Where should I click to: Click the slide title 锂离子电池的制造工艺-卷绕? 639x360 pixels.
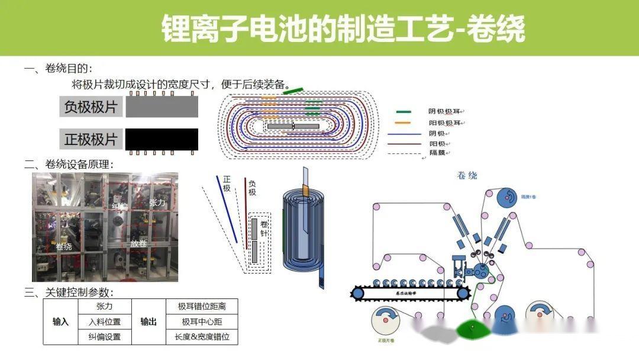343,28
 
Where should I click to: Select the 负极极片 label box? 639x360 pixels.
91,108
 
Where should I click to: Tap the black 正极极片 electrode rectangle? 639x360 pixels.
162,139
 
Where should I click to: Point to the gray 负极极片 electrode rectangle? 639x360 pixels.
162,107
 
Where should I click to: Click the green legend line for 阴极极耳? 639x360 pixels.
404,111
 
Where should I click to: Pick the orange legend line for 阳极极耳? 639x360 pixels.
404,123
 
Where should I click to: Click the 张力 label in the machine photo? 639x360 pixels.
157,202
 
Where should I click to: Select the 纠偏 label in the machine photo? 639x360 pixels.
120,207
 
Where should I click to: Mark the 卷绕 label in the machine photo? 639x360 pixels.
64,246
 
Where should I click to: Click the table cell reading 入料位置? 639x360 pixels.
104,322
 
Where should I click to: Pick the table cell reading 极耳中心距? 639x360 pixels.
202,322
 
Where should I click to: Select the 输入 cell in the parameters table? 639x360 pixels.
61,322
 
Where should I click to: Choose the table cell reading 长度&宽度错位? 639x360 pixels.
202,337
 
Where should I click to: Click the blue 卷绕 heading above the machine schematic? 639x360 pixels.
467,175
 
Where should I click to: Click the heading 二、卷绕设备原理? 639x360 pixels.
69,165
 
